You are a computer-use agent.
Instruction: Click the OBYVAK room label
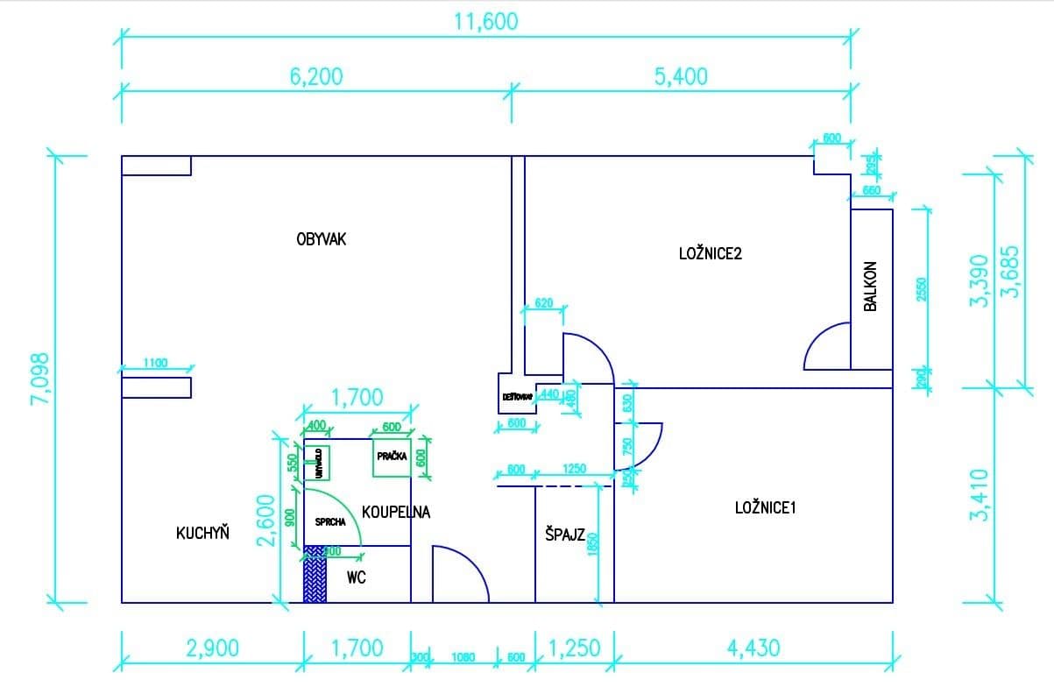322,238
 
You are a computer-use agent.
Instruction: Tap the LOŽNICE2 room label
711,254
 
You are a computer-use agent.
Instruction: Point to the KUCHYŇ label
202,532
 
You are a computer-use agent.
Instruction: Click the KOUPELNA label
396,513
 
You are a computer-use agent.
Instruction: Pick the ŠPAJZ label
564,535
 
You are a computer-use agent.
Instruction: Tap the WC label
356,577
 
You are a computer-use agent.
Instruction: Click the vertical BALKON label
870,286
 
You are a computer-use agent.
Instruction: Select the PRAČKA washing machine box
391,457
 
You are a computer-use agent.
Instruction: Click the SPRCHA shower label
330,521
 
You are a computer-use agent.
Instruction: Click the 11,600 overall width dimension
485,22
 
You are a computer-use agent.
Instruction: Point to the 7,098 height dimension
39,379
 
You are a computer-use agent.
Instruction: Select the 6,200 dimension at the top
316,76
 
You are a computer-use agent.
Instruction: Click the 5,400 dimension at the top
681,76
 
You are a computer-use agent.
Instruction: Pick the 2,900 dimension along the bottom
211,648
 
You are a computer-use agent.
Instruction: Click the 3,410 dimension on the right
980,495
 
